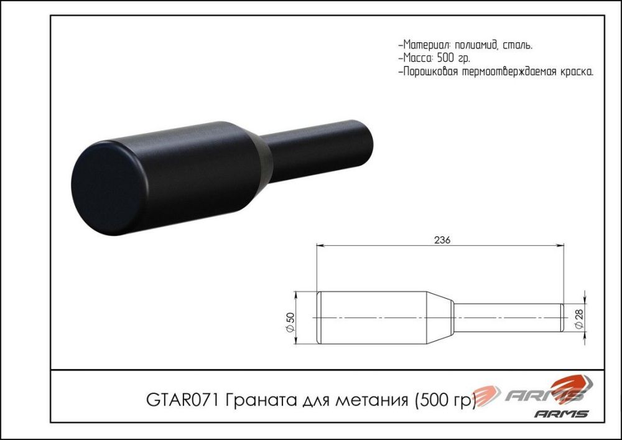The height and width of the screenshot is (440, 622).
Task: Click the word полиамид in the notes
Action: tap(476, 45)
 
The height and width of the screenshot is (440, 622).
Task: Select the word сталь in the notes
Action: tap(517, 45)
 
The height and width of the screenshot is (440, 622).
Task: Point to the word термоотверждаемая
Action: tap(508, 72)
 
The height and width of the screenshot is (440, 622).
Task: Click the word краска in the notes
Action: tap(573, 72)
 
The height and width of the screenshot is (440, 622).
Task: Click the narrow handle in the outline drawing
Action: tap(507, 317)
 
